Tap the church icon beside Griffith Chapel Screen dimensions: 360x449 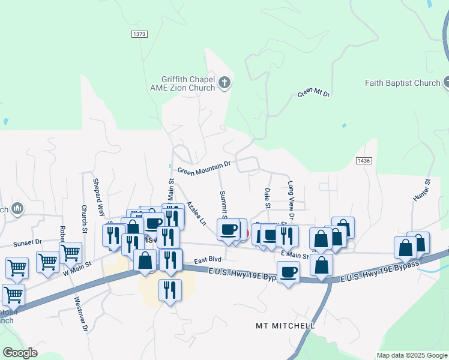click(224, 83)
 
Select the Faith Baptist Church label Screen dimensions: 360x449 click(402, 83)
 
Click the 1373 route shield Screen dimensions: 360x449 click(139, 34)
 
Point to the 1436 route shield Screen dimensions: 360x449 click(364, 161)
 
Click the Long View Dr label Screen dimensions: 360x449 click(291, 200)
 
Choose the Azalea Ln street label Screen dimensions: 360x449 click(195, 213)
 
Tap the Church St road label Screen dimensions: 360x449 click(84, 219)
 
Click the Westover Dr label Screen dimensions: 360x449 click(80, 316)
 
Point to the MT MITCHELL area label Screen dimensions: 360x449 click(285, 326)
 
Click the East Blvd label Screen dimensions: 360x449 click(208, 259)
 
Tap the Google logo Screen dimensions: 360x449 click(20, 353)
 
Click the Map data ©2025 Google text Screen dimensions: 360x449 click(411, 355)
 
